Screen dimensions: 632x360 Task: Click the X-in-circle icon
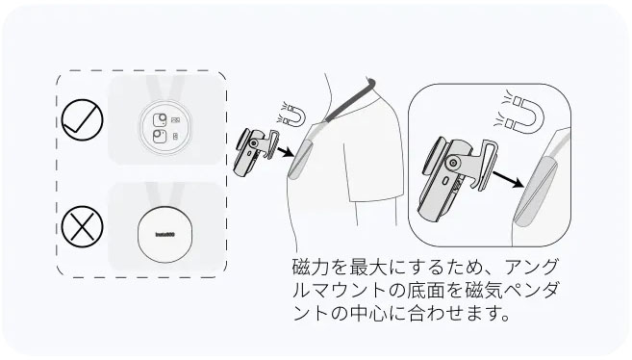point(82,226)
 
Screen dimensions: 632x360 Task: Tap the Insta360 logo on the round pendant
point(164,235)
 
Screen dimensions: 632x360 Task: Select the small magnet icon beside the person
point(291,114)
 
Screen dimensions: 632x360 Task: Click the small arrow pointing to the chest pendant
point(286,151)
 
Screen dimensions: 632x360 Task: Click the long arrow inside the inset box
point(508,179)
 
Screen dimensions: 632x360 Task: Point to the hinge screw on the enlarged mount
point(454,163)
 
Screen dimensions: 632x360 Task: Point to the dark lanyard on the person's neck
point(348,100)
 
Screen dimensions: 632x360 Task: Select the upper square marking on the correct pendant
point(160,119)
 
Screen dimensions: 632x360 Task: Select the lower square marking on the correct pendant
point(160,137)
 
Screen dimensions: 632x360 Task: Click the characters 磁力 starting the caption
point(311,267)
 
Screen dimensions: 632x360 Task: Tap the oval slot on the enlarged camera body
point(446,181)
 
